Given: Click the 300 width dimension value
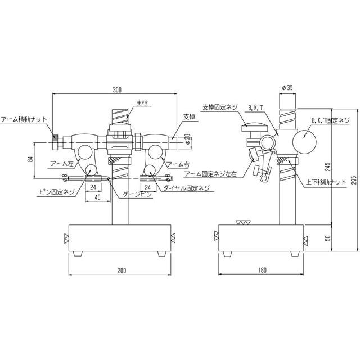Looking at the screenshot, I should coord(117,90).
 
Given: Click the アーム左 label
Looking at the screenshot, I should coord(60,163).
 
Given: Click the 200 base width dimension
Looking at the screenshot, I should coord(121,271).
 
